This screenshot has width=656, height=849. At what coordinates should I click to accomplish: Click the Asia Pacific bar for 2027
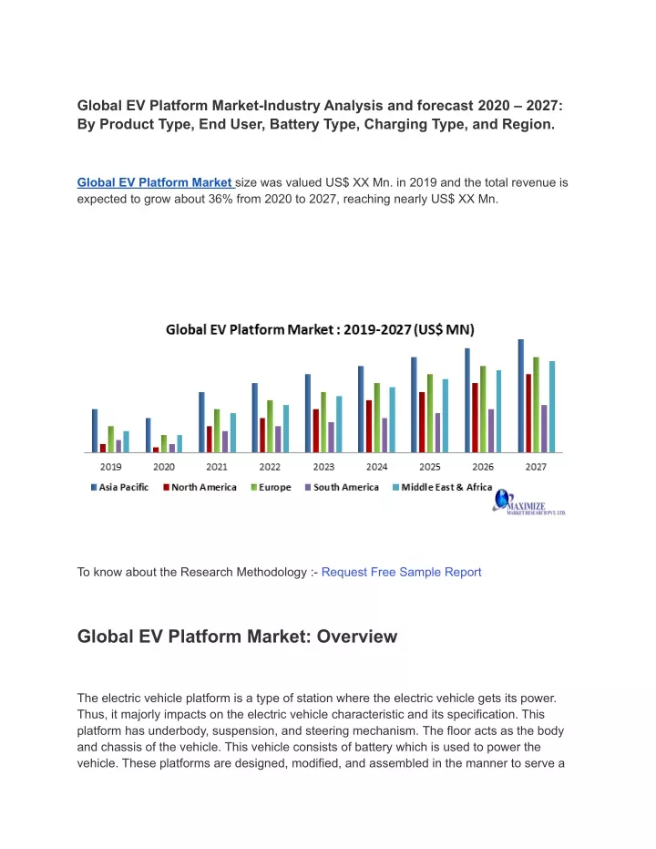(521, 396)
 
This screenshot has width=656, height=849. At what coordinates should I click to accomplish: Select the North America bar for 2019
(103, 449)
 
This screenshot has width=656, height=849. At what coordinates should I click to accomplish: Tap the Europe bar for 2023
(323, 422)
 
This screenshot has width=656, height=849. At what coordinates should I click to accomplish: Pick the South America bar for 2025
(437, 432)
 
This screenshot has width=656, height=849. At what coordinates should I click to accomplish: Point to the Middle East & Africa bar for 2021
(233, 432)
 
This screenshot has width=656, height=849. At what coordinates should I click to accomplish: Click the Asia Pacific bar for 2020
(149, 435)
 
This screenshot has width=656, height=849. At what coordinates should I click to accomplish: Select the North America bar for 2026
(475, 418)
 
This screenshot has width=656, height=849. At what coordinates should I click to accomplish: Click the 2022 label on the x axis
(270, 467)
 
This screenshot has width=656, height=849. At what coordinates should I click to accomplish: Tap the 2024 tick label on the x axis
(377, 467)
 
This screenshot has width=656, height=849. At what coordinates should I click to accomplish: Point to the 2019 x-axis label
(111, 467)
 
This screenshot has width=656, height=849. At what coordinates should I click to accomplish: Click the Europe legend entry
(271, 487)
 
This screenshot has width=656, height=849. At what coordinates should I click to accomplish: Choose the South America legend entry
(342, 487)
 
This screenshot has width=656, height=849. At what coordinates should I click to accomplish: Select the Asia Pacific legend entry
(120, 487)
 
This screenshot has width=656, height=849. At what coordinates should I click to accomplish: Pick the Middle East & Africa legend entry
(443, 487)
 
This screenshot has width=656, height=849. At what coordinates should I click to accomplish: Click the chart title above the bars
(320, 330)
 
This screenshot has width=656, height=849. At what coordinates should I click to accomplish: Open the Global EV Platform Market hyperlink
(155, 182)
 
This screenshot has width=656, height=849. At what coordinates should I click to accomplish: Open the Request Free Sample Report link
(401, 572)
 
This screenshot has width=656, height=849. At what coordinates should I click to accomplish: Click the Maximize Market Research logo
(528, 502)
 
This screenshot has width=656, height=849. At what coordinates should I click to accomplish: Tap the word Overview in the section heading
(357, 637)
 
